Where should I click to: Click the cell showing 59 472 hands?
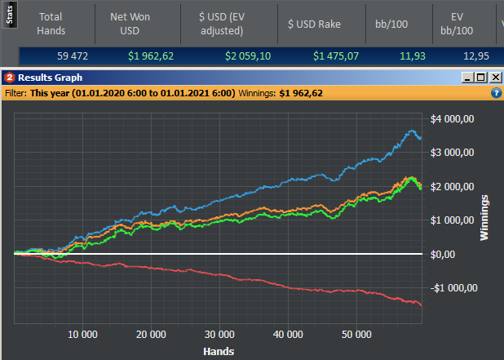73,56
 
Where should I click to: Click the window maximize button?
481,78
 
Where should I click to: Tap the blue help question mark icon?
496,93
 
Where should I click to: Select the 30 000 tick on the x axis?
219,335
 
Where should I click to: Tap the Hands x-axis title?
218,351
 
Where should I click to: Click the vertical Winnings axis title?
486,217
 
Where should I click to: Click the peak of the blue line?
413,131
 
